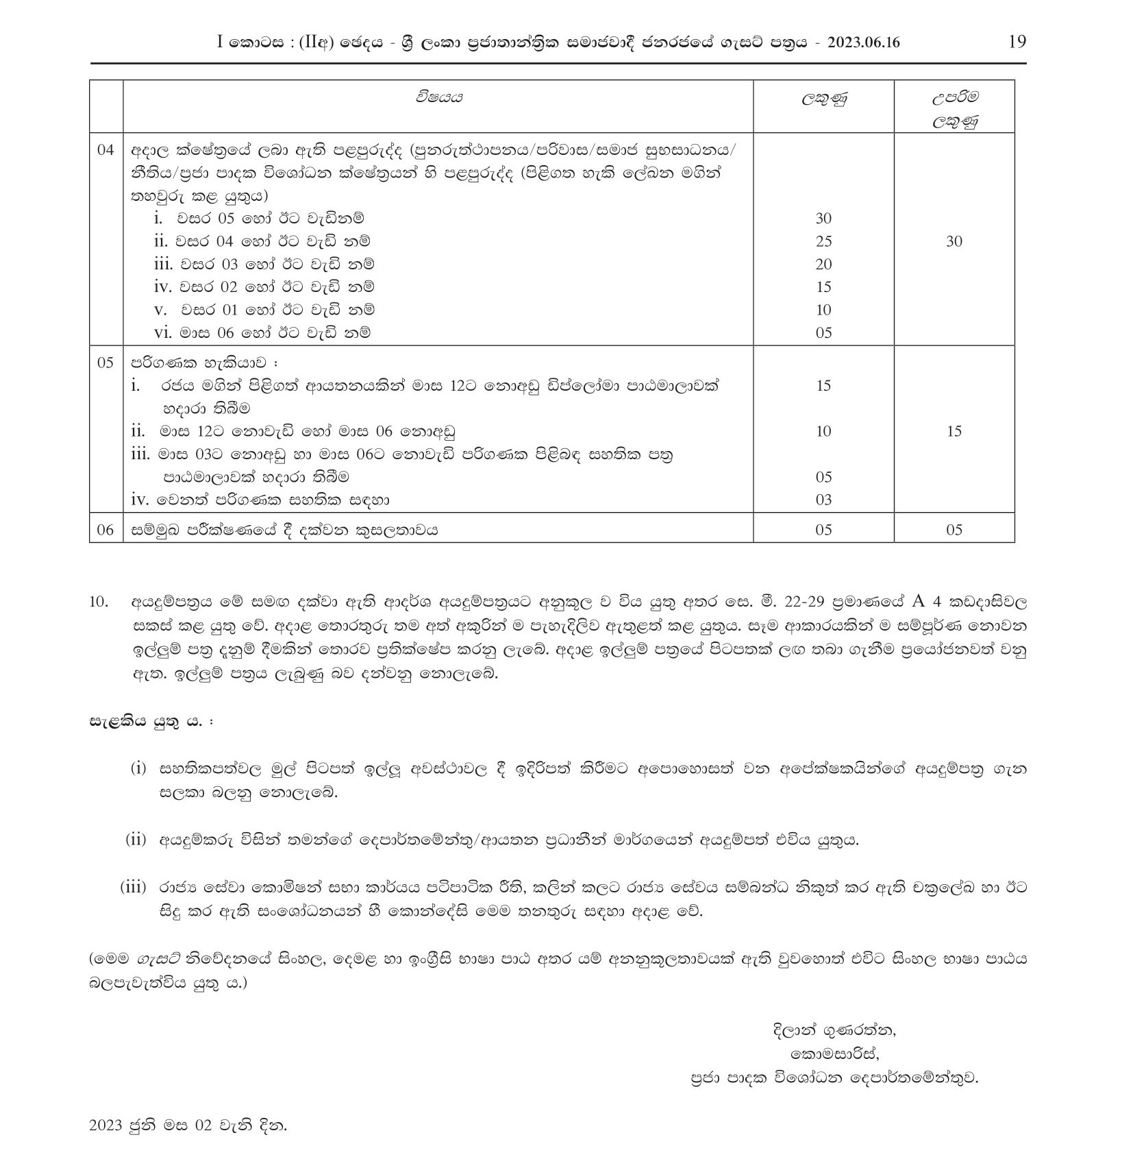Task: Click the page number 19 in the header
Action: (1017, 42)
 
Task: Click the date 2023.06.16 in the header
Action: (863, 42)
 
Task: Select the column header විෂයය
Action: (438, 97)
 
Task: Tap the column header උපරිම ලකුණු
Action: (954, 110)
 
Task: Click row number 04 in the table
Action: (105, 149)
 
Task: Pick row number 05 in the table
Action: (105, 363)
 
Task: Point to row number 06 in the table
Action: (105, 530)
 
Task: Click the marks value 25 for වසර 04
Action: (823, 241)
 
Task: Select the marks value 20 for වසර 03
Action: (823, 264)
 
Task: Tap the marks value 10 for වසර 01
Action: (823, 310)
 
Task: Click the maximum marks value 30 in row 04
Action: (954, 241)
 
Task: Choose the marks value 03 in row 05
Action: (823, 500)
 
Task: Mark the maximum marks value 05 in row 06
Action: (954, 530)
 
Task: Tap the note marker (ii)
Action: (136, 839)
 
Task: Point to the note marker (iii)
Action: (134, 887)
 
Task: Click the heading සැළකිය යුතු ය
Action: (147, 722)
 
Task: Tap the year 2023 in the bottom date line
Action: (105, 1125)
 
